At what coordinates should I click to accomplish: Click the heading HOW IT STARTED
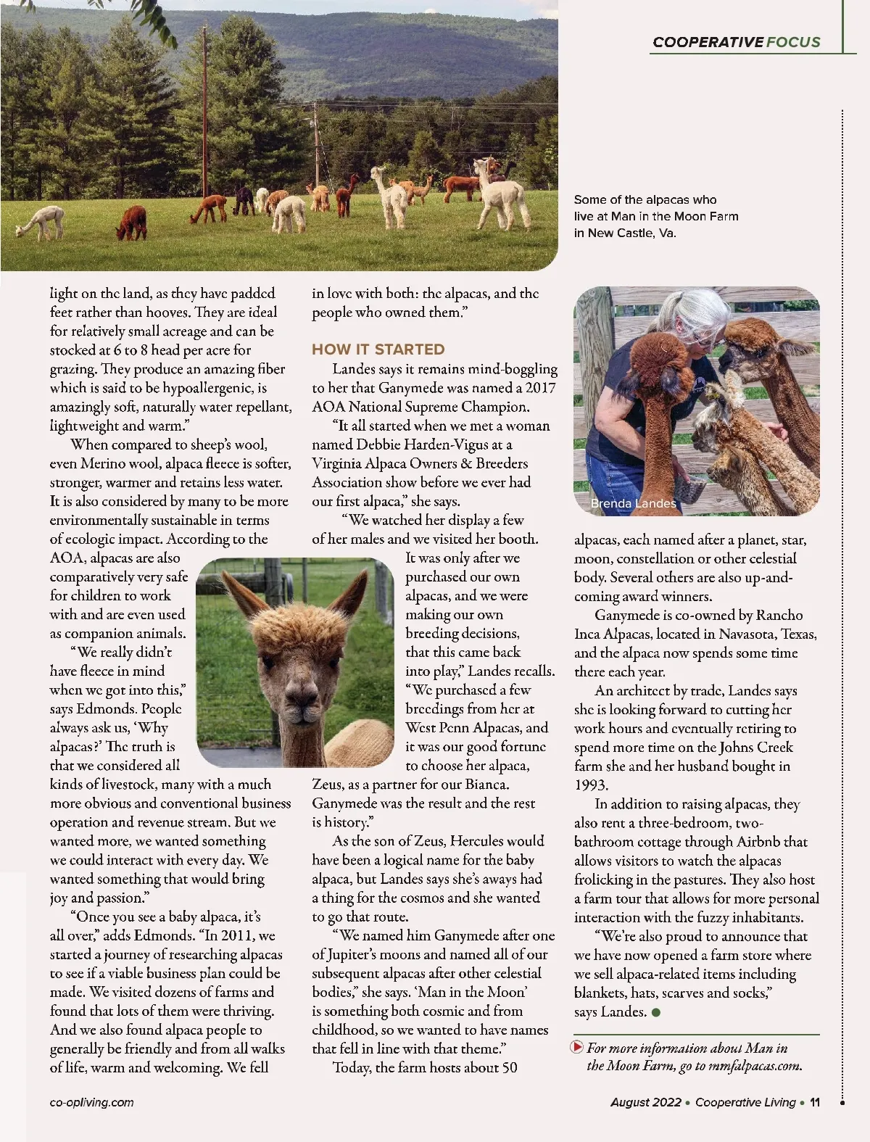[x=378, y=349]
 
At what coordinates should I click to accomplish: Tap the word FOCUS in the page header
[x=793, y=42]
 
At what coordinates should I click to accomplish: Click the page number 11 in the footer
[x=815, y=1102]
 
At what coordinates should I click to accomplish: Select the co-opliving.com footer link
[x=91, y=1102]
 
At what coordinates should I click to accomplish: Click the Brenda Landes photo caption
[x=633, y=503]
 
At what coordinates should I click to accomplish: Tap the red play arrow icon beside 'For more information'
[x=578, y=1047]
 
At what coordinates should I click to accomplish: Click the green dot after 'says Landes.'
[x=656, y=1012]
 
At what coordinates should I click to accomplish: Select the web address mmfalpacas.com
[x=754, y=1066]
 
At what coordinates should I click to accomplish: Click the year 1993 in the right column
[x=592, y=785]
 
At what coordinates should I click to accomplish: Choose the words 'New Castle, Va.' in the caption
[x=631, y=233]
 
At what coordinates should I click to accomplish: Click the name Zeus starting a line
[x=328, y=784]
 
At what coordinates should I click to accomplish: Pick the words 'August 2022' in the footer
[x=645, y=1102]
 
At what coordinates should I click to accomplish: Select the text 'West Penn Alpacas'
[x=462, y=727]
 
